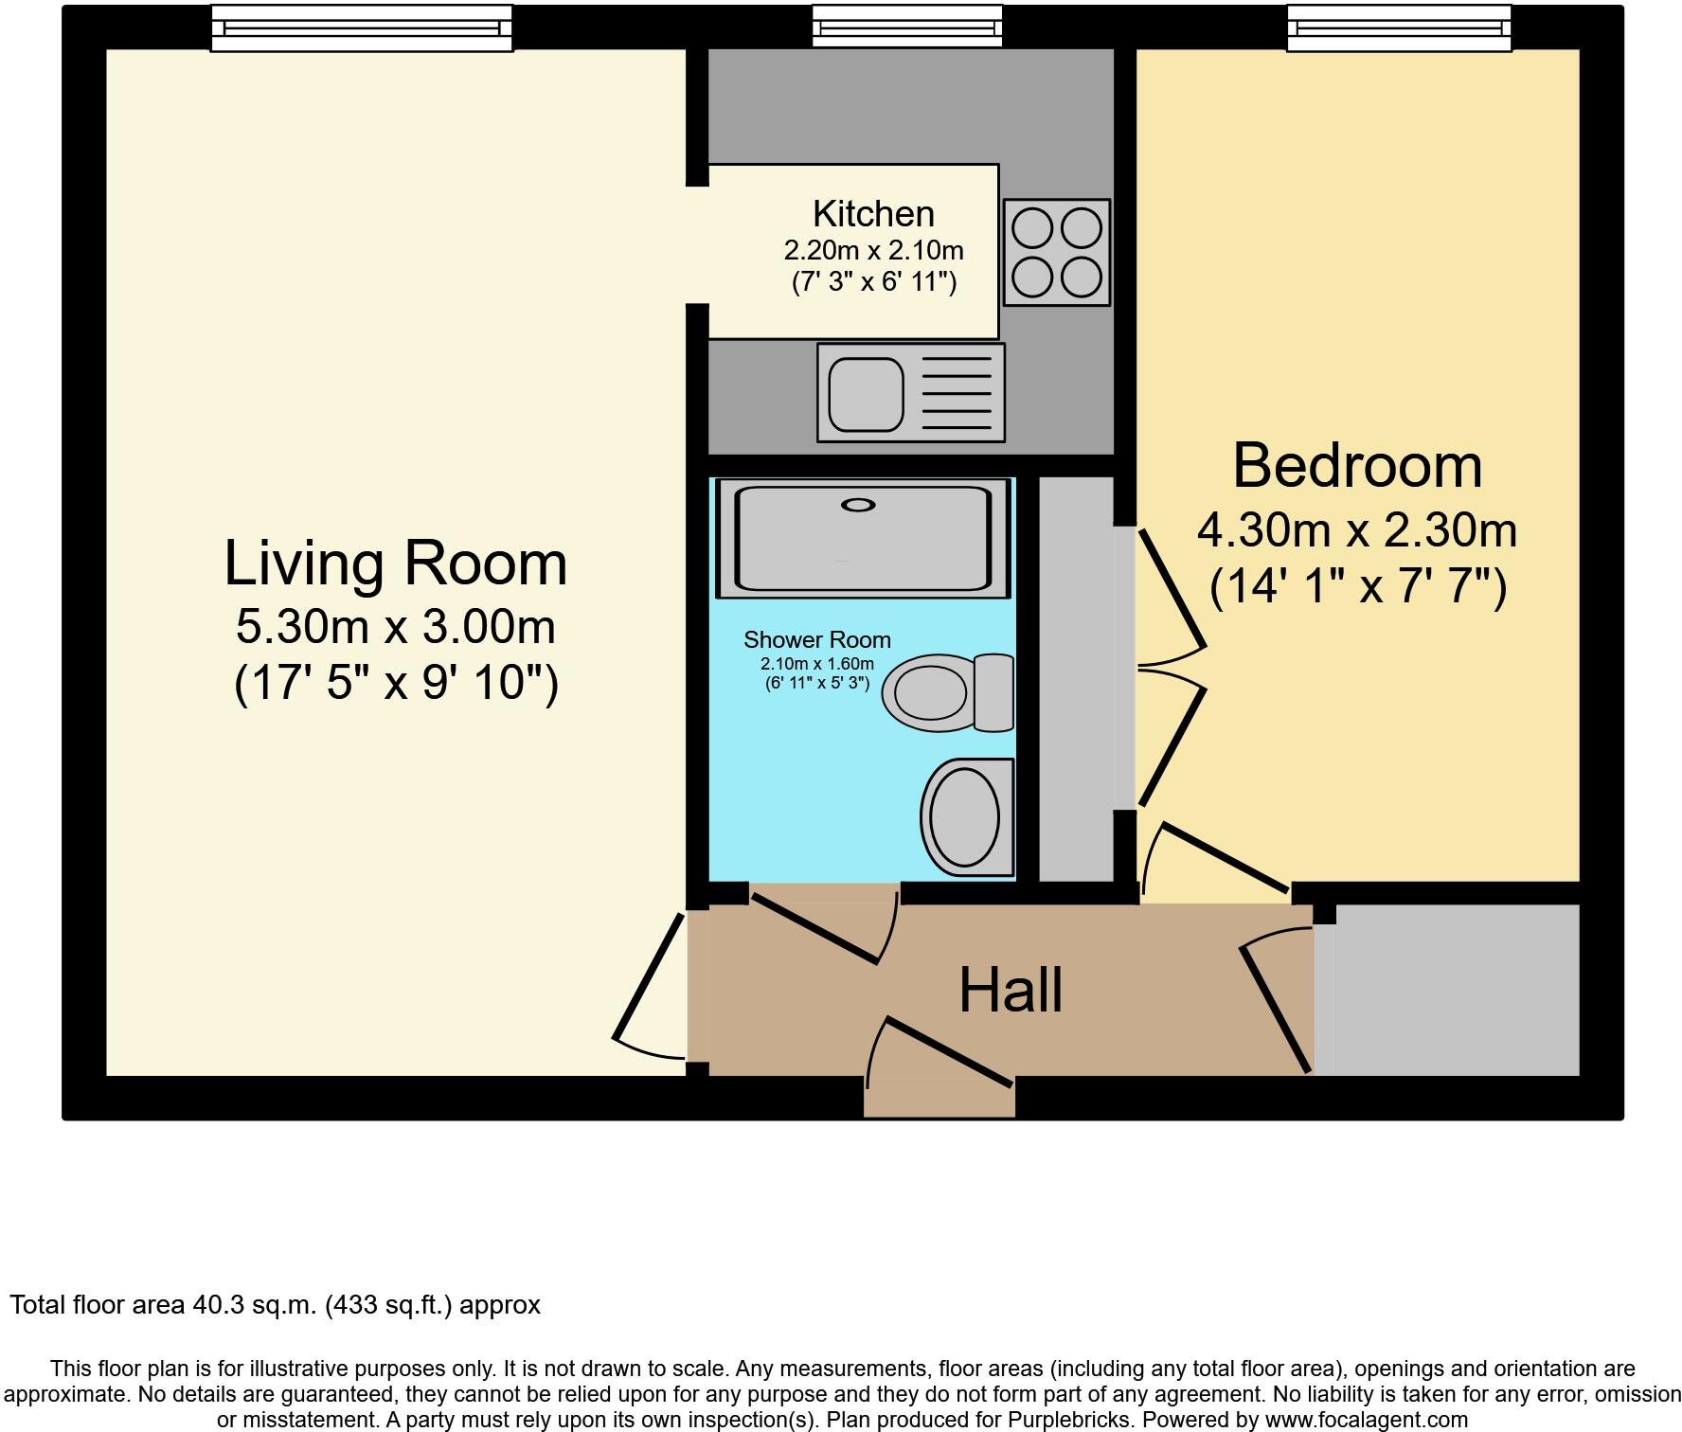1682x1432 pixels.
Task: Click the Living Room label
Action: (395, 564)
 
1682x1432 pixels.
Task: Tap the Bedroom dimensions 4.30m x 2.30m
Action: (1356, 530)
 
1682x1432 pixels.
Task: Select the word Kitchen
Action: (873, 214)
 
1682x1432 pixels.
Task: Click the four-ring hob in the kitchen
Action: (1056, 252)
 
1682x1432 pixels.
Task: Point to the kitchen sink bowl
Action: (866, 394)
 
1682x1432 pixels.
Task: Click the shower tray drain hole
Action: (858, 505)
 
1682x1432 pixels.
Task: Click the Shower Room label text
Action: (816, 640)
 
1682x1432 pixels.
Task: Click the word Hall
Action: (1010, 991)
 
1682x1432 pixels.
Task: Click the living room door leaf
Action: (649, 976)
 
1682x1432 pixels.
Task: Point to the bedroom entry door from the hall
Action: (1225, 858)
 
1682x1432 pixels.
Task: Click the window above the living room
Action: (361, 27)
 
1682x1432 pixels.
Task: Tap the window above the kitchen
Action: (906, 26)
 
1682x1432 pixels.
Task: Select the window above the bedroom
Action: (1398, 27)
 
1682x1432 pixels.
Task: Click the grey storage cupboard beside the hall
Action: (1456, 990)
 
